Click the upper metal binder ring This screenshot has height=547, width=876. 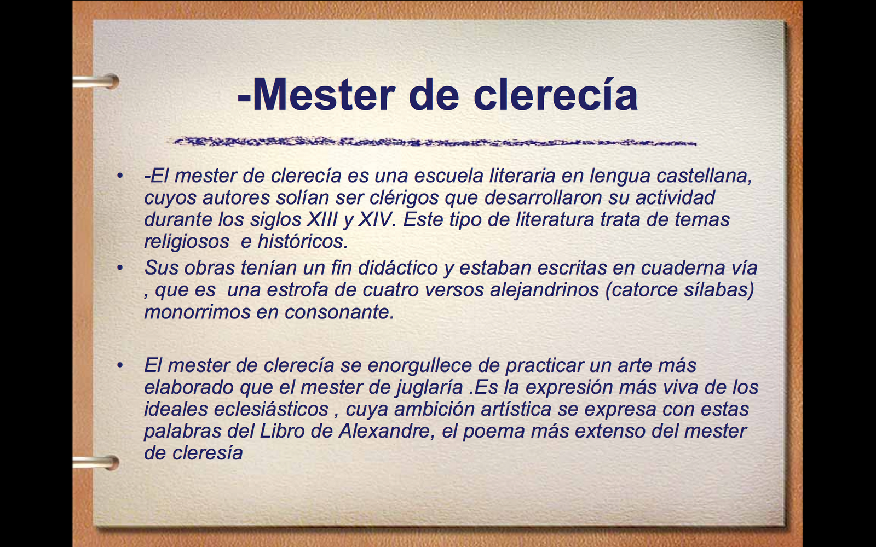99,82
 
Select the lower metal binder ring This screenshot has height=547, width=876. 99,463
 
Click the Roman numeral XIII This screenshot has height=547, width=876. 322,219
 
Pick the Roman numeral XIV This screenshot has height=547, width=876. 377,219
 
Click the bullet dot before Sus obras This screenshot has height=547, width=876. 119,268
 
